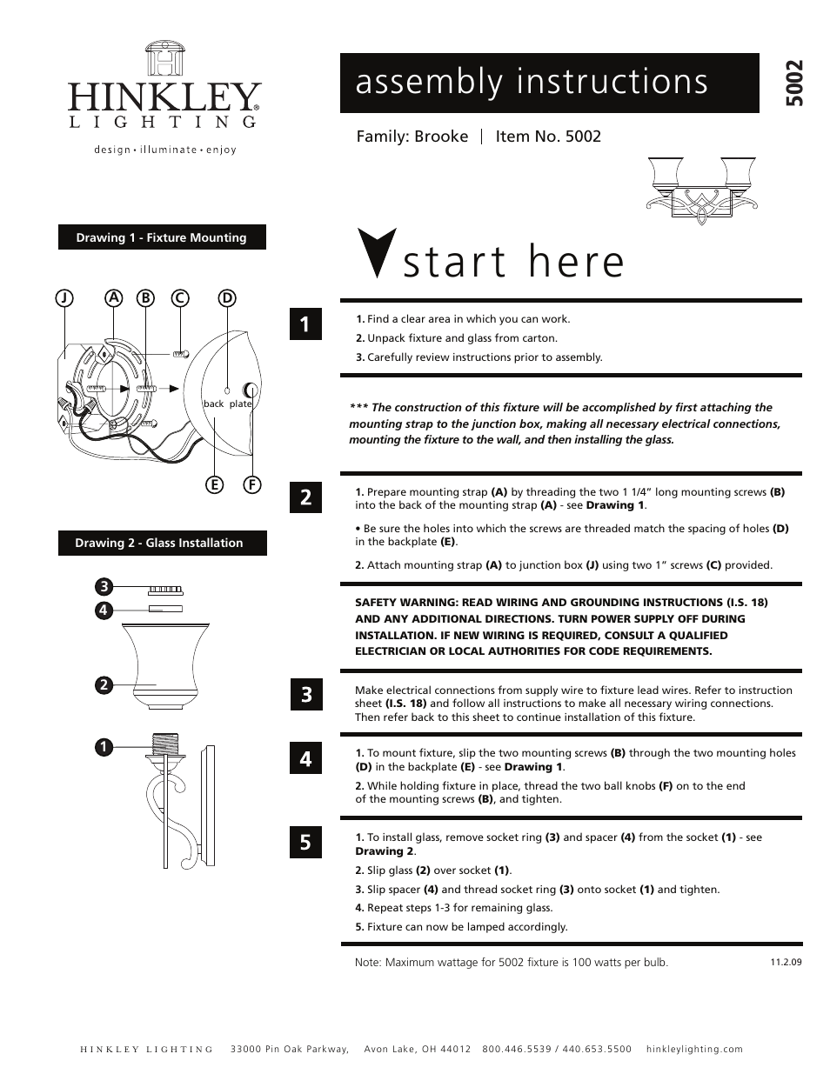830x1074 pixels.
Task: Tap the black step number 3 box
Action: coord(305,695)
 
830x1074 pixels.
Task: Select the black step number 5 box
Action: coord(305,842)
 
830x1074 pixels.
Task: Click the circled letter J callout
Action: coord(64,297)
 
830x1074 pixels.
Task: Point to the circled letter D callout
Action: coord(227,297)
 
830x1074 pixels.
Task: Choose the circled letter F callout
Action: coord(252,484)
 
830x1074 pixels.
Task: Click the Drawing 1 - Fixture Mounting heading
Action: coord(162,237)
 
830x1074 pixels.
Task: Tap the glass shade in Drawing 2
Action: coord(165,659)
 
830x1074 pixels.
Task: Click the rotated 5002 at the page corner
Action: coord(793,83)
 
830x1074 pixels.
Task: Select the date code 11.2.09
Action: coord(785,963)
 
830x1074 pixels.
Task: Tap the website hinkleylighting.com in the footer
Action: coord(694,1049)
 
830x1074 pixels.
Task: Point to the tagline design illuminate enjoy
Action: coord(165,150)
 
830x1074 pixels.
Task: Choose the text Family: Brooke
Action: coord(412,137)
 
